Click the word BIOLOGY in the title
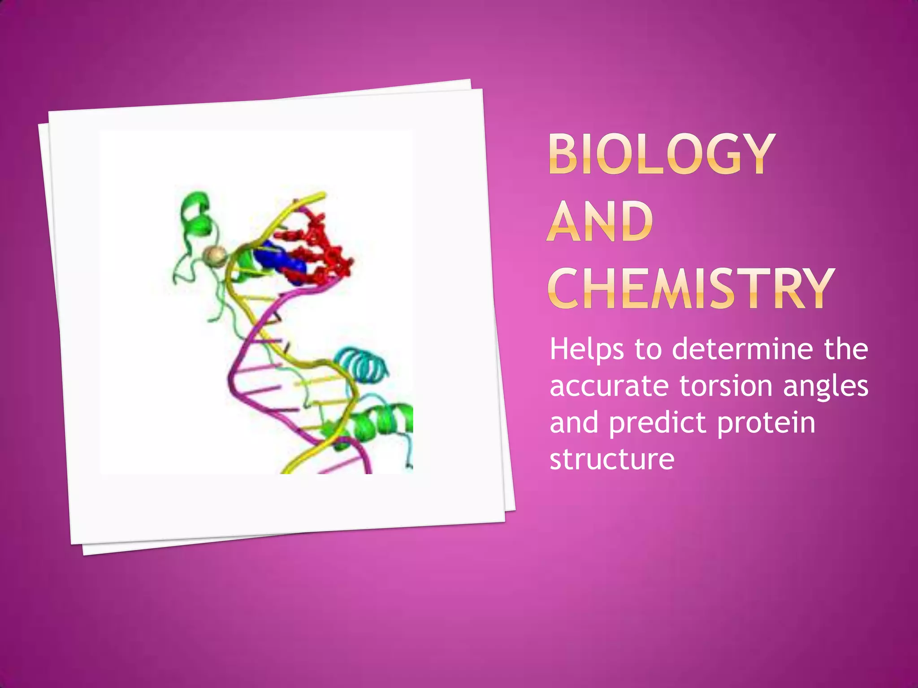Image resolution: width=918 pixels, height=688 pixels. (662, 154)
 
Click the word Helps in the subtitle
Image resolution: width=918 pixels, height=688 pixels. (586, 350)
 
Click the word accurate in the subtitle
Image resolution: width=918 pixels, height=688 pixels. (609, 386)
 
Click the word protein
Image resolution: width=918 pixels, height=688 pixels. (766, 424)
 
